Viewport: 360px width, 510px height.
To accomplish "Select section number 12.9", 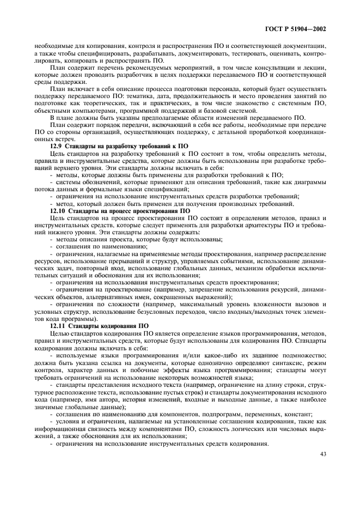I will click(x=56, y=147).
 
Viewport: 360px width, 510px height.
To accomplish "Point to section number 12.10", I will click(x=58, y=210).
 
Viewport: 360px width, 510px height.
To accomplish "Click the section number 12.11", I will click(x=58, y=326).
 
